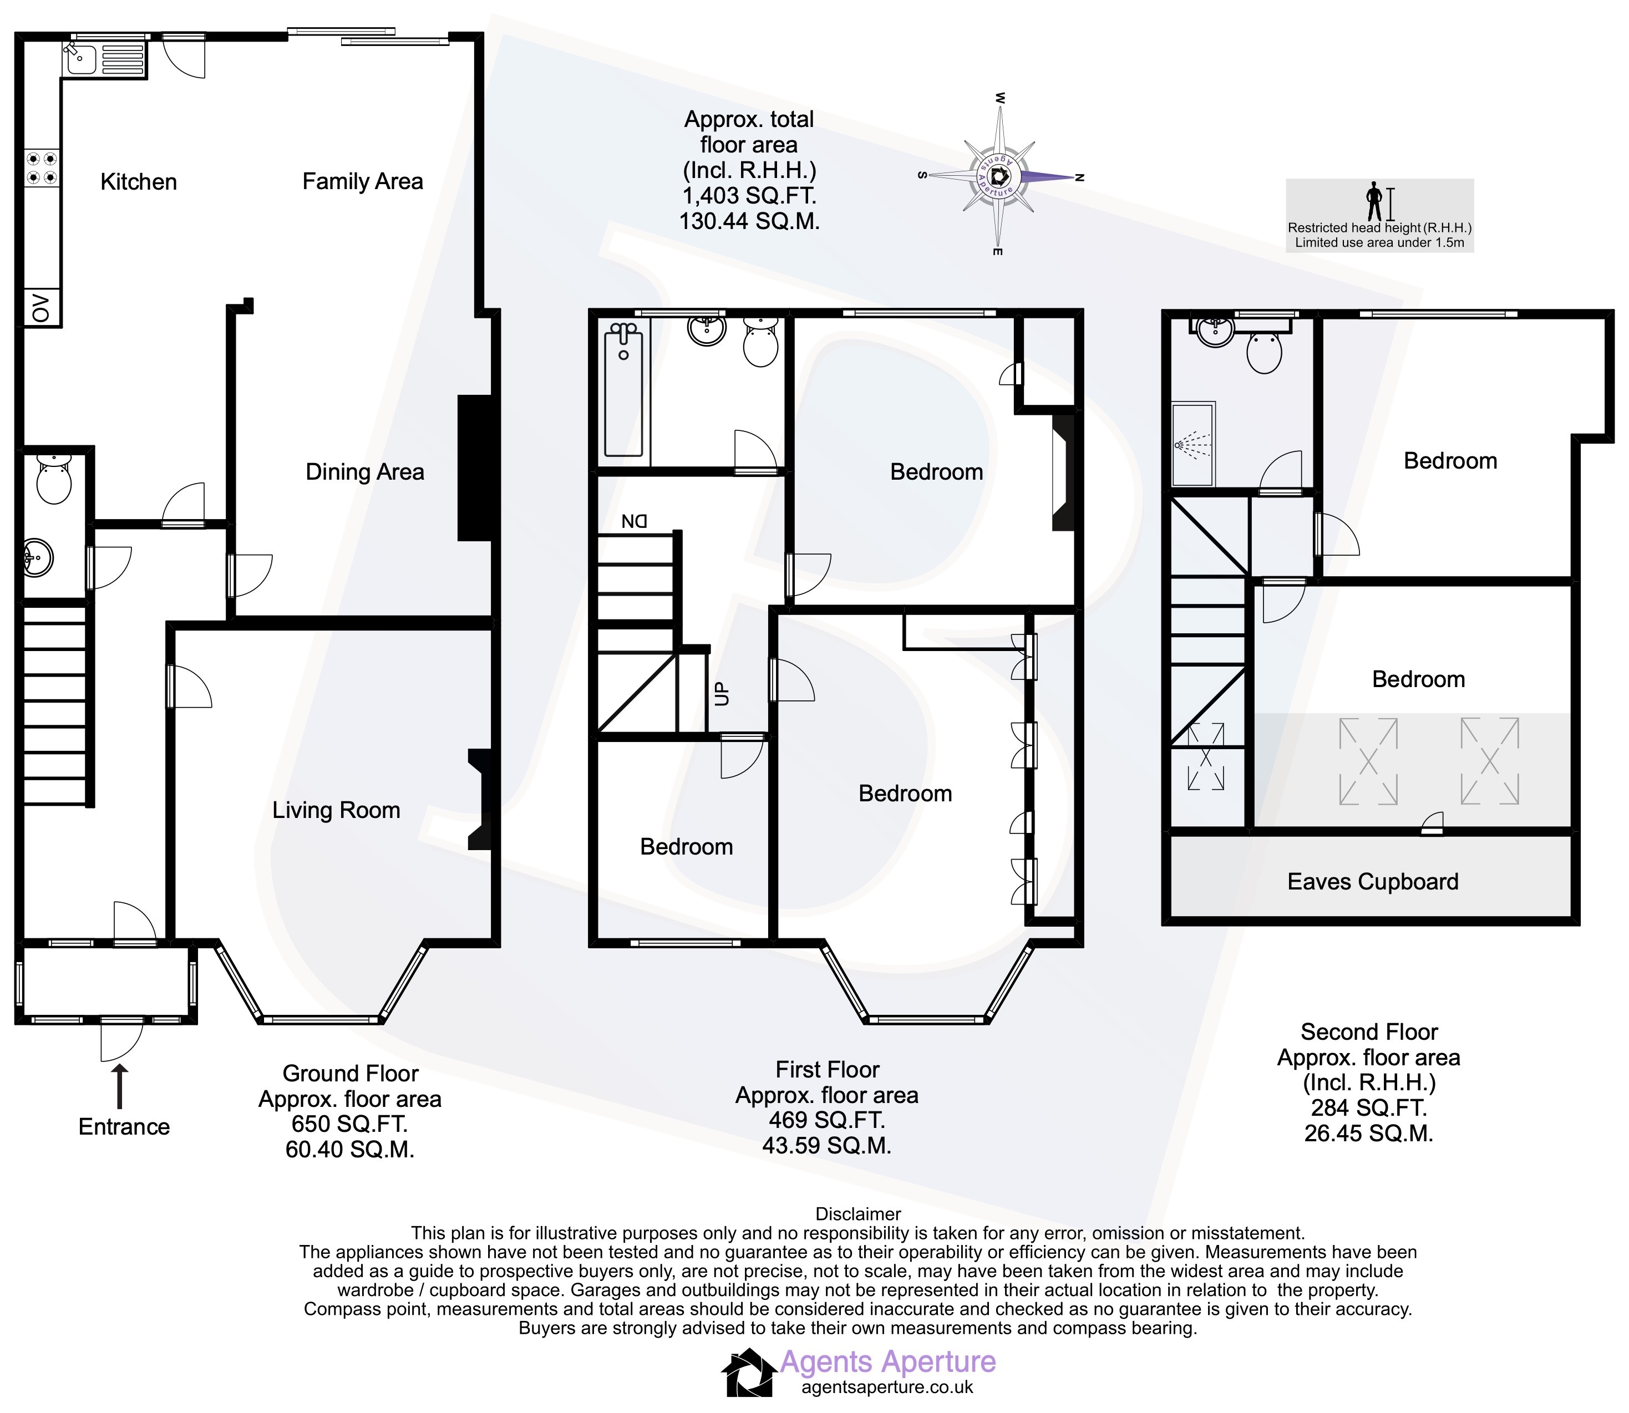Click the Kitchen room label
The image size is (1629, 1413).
click(x=139, y=182)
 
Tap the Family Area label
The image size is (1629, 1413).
click(x=363, y=182)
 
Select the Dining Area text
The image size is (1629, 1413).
click(x=365, y=472)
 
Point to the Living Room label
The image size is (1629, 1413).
click(x=337, y=811)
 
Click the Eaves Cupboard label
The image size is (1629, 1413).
click(x=1373, y=882)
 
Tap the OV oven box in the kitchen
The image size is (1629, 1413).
click(x=42, y=308)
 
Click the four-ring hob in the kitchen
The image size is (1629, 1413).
click(x=42, y=168)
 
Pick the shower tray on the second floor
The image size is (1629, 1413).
click(x=1193, y=444)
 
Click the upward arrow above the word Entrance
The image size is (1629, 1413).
click(x=119, y=1086)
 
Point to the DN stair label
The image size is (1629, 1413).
click(x=634, y=521)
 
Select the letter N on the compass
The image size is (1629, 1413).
click(x=1080, y=177)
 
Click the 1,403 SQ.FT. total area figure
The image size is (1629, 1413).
click(x=749, y=196)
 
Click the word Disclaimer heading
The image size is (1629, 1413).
click(x=858, y=1214)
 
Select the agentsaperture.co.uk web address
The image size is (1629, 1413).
click(x=887, y=1387)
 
